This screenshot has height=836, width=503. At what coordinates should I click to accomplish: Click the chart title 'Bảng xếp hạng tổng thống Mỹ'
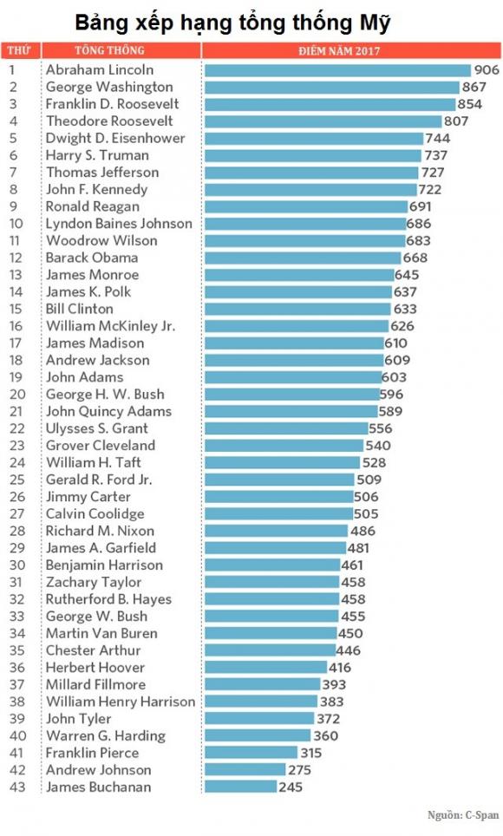click(x=232, y=23)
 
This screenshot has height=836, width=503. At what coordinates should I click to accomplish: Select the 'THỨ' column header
click(x=19, y=50)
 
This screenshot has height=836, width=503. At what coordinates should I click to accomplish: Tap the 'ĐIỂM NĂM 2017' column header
click(x=339, y=51)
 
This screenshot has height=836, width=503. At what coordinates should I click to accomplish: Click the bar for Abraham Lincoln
click(x=337, y=70)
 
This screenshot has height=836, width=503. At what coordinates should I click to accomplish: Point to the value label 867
click(x=474, y=87)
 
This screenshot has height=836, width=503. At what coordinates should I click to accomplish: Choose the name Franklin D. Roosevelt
click(x=112, y=104)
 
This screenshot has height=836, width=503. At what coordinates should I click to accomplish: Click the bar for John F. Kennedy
click(x=310, y=190)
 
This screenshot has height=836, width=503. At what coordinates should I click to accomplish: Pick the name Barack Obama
click(x=92, y=258)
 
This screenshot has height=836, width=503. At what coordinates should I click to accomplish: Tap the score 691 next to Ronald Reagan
click(x=420, y=206)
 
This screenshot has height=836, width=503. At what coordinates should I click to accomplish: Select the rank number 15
click(x=16, y=310)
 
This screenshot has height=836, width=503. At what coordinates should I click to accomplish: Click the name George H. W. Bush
click(x=105, y=395)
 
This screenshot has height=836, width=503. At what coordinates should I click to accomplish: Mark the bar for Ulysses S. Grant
click(x=286, y=428)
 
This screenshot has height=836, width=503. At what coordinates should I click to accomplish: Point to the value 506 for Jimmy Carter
click(x=366, y=497)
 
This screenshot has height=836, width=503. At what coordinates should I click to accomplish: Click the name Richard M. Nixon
click(x=100, y=531)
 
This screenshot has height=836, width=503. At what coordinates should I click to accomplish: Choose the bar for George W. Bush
click(x=271, y=617)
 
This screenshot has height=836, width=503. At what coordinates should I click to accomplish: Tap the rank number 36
click(x=17, y=668)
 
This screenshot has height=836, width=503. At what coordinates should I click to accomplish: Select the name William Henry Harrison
click(x=121, y=702)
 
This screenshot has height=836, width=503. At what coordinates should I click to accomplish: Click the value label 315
click(x=311, y=753)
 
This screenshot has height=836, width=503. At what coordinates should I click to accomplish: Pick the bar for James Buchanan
click(x=240, y=787)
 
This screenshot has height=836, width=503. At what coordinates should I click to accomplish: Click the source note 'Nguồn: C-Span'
click(x=463, y=815)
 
